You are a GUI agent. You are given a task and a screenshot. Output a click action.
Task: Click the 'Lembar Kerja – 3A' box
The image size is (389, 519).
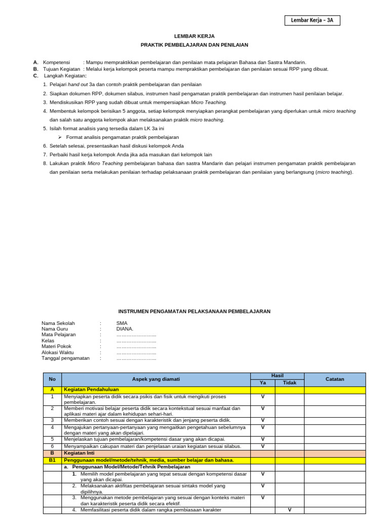pos(312,20)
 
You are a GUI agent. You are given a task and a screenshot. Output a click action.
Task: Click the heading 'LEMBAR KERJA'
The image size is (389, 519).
pos(194,36)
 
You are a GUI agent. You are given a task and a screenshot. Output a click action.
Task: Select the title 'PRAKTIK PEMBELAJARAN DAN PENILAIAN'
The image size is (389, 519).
pos(194,45)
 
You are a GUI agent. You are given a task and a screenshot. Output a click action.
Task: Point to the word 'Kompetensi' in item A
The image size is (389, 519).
pos(56,62)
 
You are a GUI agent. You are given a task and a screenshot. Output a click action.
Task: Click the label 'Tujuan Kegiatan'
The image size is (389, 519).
pos(61,69)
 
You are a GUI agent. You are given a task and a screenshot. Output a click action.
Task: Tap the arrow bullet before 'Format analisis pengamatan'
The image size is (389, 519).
pos(60,137)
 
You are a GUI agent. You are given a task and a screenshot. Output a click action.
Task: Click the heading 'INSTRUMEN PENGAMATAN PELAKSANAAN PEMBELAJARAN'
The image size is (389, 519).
pos(194,312)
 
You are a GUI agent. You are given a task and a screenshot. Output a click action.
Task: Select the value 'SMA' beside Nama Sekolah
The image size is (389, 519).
pos(122,323)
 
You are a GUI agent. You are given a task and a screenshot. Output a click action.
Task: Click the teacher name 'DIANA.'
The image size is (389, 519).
pos(125,329)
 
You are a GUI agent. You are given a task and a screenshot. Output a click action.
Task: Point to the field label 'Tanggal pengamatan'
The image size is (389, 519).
pos(65,358)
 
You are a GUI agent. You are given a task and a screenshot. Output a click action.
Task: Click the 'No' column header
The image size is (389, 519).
pos(52,379)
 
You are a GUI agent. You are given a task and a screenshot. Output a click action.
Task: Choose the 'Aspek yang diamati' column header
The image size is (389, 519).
pos(156,379)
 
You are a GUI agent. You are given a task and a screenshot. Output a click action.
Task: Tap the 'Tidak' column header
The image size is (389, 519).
pos(290,383)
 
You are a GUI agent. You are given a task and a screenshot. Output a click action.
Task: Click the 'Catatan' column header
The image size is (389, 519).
pos(335,379)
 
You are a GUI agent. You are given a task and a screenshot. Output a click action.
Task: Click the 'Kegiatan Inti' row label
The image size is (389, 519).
pos(80,453)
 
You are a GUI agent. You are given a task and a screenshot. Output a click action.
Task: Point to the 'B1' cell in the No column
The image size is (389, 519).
pos(52,460)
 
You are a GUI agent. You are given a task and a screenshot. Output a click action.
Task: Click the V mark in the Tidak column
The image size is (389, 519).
pos(290,510)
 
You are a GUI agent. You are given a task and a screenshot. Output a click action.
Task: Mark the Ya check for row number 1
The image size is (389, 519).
pos(263,397)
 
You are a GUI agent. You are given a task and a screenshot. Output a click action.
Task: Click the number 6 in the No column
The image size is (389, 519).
pos(52,447)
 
